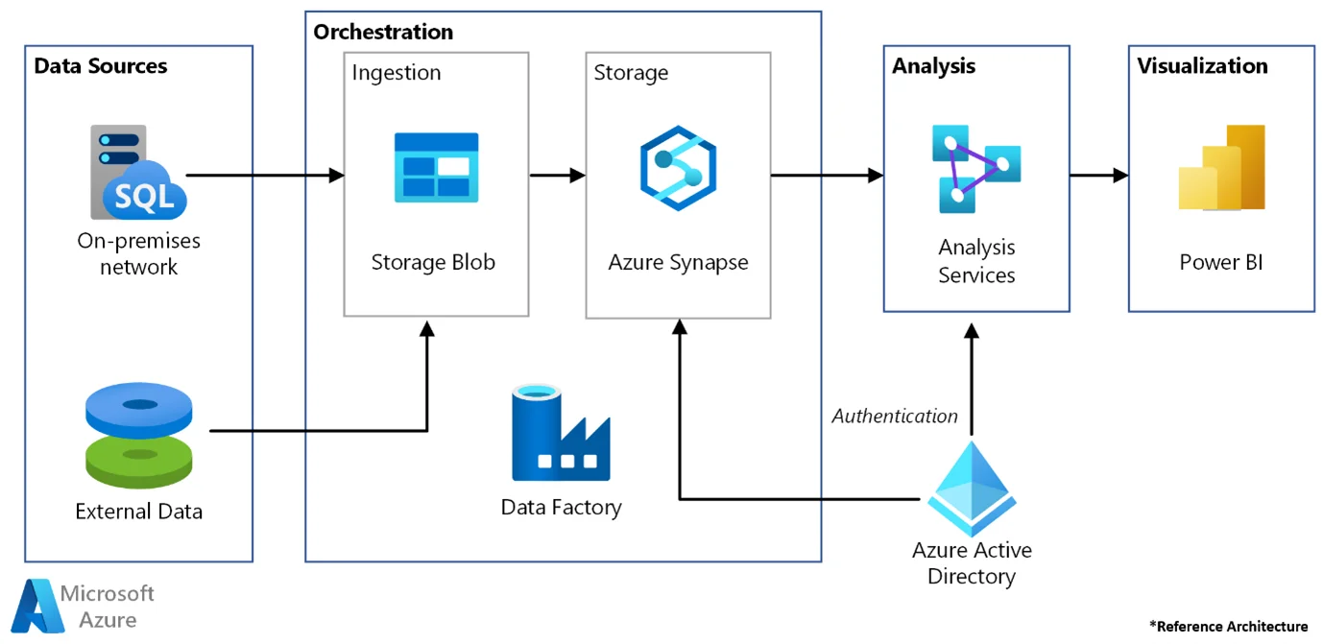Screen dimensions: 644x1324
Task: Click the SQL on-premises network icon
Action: pyautogui.click(x=139, y=173)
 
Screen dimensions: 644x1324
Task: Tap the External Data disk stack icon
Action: pyautogui.click(x=140, y=436)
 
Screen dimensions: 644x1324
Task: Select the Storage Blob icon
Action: pyautogui.click(x=436, y=168)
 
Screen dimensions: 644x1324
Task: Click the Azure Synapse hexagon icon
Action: pyautogui.click(x=678, y=168)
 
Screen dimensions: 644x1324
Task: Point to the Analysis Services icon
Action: pyautogui.click(x=975, y=169)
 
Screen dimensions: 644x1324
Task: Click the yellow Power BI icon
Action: pyautogui.click(x=1221, y=167)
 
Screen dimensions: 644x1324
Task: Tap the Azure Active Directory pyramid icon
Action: pyautogui.click(x=972, y=489)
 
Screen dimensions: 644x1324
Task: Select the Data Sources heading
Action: pyautogui.click(x=101, y=66)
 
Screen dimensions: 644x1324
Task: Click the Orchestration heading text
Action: pyautogui.click(x=383, y=32)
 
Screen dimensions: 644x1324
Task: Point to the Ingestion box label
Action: pyautogui.click(x=397, y=73)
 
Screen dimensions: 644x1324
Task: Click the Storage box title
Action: pyautogui.click(x=631, y=73)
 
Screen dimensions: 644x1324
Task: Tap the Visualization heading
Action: pyautogui.click(x=1202, y=66)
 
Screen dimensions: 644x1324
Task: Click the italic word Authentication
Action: pyautogui.click(x=895, y=416)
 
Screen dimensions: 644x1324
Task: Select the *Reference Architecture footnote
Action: pyautogui.click(x=1228, y=626)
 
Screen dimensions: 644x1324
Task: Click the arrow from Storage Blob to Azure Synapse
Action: pyautogui.click(x=557, y=175)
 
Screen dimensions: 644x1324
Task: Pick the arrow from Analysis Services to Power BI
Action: pyautogui.click(x=1098, y=175)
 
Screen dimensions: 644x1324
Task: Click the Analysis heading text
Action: pyautogui.click(x=933, y=66)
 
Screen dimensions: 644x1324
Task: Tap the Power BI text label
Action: pyautogui.click(x=1220, y=261)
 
